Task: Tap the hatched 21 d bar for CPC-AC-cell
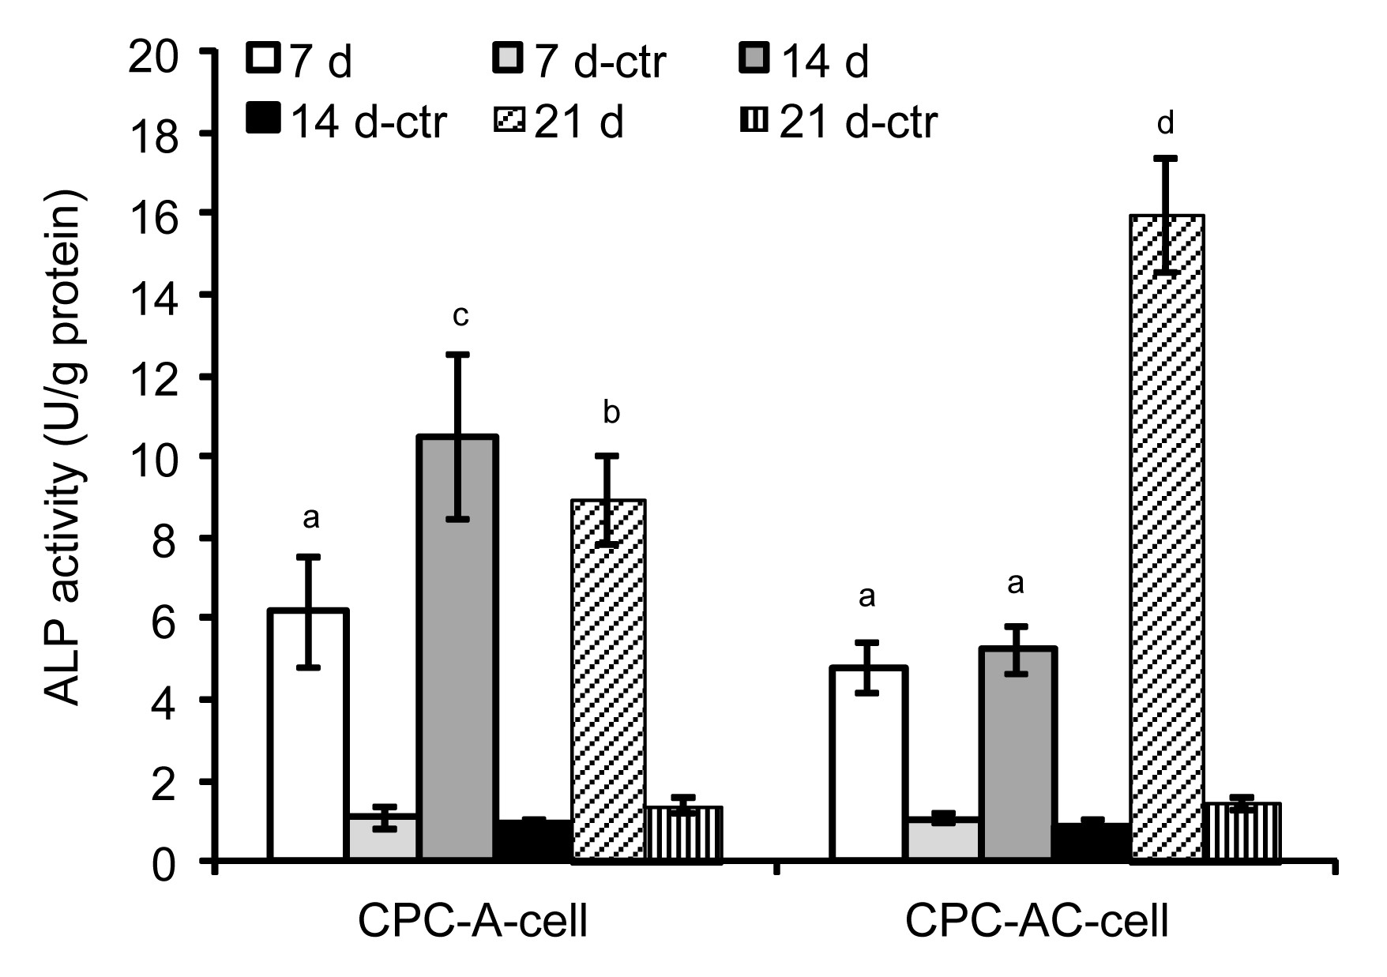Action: pos(1167,537)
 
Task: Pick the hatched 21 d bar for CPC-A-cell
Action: pos(608,679)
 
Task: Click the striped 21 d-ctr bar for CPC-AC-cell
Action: pos(1242,832)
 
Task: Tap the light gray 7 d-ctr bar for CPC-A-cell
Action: pos(384,837)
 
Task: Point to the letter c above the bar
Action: pos(460,316)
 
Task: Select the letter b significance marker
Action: pos(611,412)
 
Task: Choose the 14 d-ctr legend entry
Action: pos(348,122)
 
